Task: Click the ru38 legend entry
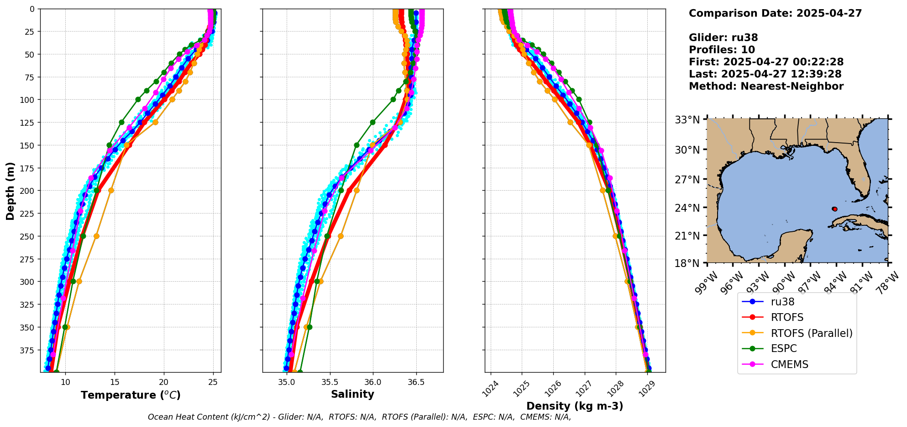pyautogui.click(x=782, y=302)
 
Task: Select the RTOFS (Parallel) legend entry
pyautogui.click(x=811, y=333)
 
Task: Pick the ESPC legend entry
pyautogui.click(x=783, y=349)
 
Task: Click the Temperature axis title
pyautogui.click(x=131, y=395)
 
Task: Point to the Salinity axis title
pyautogui.click(x=352, y=394)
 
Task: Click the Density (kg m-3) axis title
pyautogui.click(x=575, y=406)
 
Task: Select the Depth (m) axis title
pyautogui.click(x=10, y=191)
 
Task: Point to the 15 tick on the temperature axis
pyautogui.click(x=115, y=382)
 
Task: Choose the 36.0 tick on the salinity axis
pyautogui.click(x=372, y=382)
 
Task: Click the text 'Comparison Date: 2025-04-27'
pyautogui.click(x=775, y=13)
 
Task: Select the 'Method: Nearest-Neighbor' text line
pyautogui.click(x=766, y=86)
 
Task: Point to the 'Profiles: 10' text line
pyautogui.click(x=722, y=50)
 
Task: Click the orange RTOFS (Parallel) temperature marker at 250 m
pyautogui.click(x=96, y=236)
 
